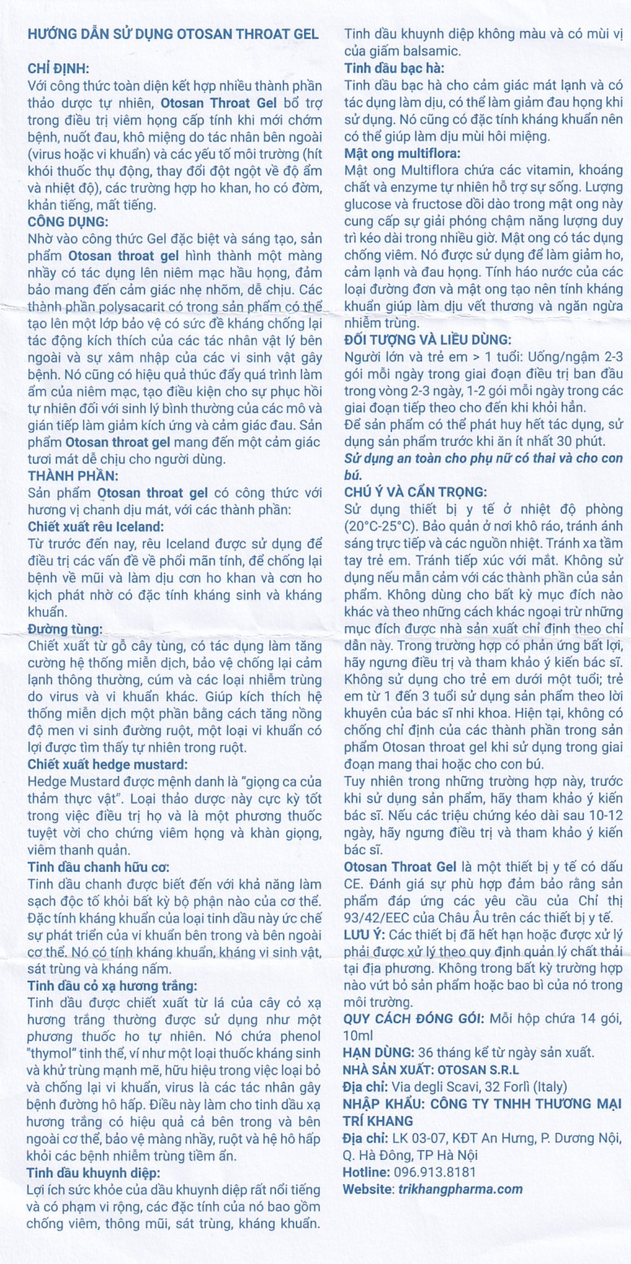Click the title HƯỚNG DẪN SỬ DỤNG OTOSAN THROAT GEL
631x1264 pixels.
tap(173, 34)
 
